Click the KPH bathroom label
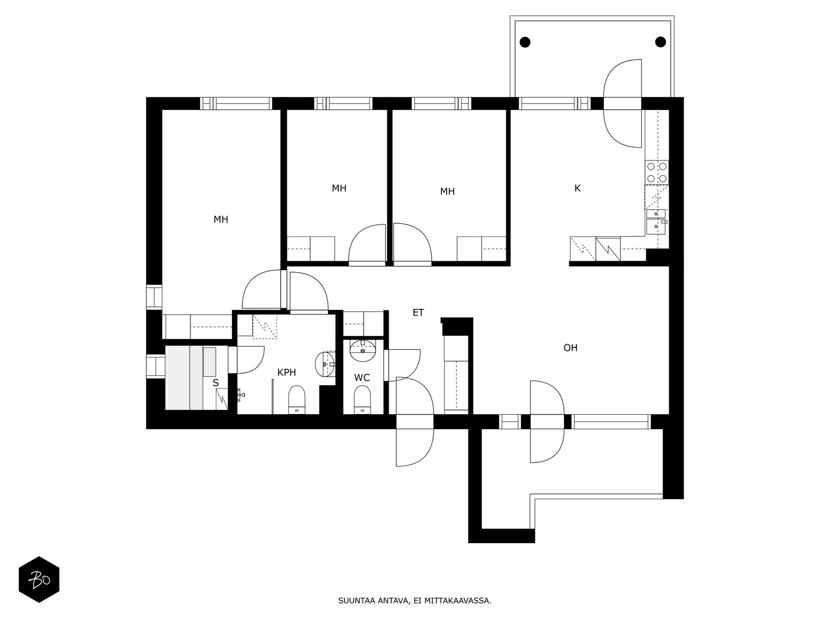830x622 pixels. [x=286, y=373]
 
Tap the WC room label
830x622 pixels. [x=362, y=378]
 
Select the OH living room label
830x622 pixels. [x=570, y=348]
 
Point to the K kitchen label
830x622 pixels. [x=577, y=188]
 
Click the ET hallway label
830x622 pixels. [x=418, y=313]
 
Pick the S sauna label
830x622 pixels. [x=215, y=383]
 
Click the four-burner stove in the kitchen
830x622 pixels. [x=657, y=172]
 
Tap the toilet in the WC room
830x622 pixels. [x=362, y=399]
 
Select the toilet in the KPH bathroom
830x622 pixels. [x=296, y=400]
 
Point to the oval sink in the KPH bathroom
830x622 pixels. [x=325, y=364]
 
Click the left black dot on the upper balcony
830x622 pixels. [x=525, y=42]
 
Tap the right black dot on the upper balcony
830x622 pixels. [x=660, y=42]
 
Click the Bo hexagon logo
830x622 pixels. [x=39, y=579]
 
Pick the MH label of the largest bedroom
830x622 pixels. [x=221, y=219]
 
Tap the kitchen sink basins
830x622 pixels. [x=656, y=222]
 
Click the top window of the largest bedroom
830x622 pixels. [x=236, y=104]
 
